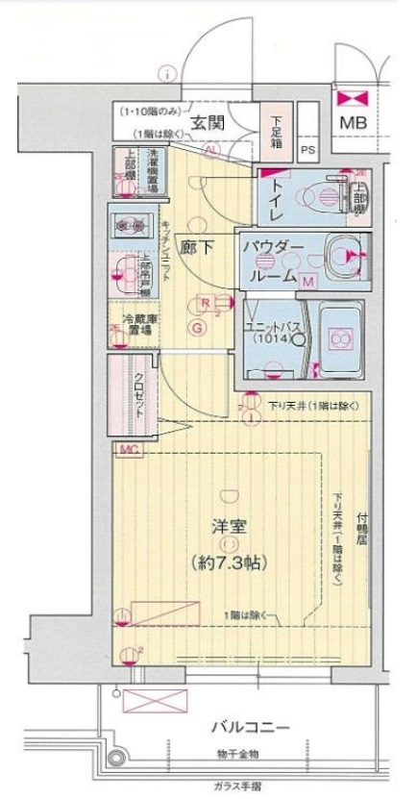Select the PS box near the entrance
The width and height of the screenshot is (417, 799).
pos(308,149)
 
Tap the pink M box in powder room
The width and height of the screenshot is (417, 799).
pos(309,281)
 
